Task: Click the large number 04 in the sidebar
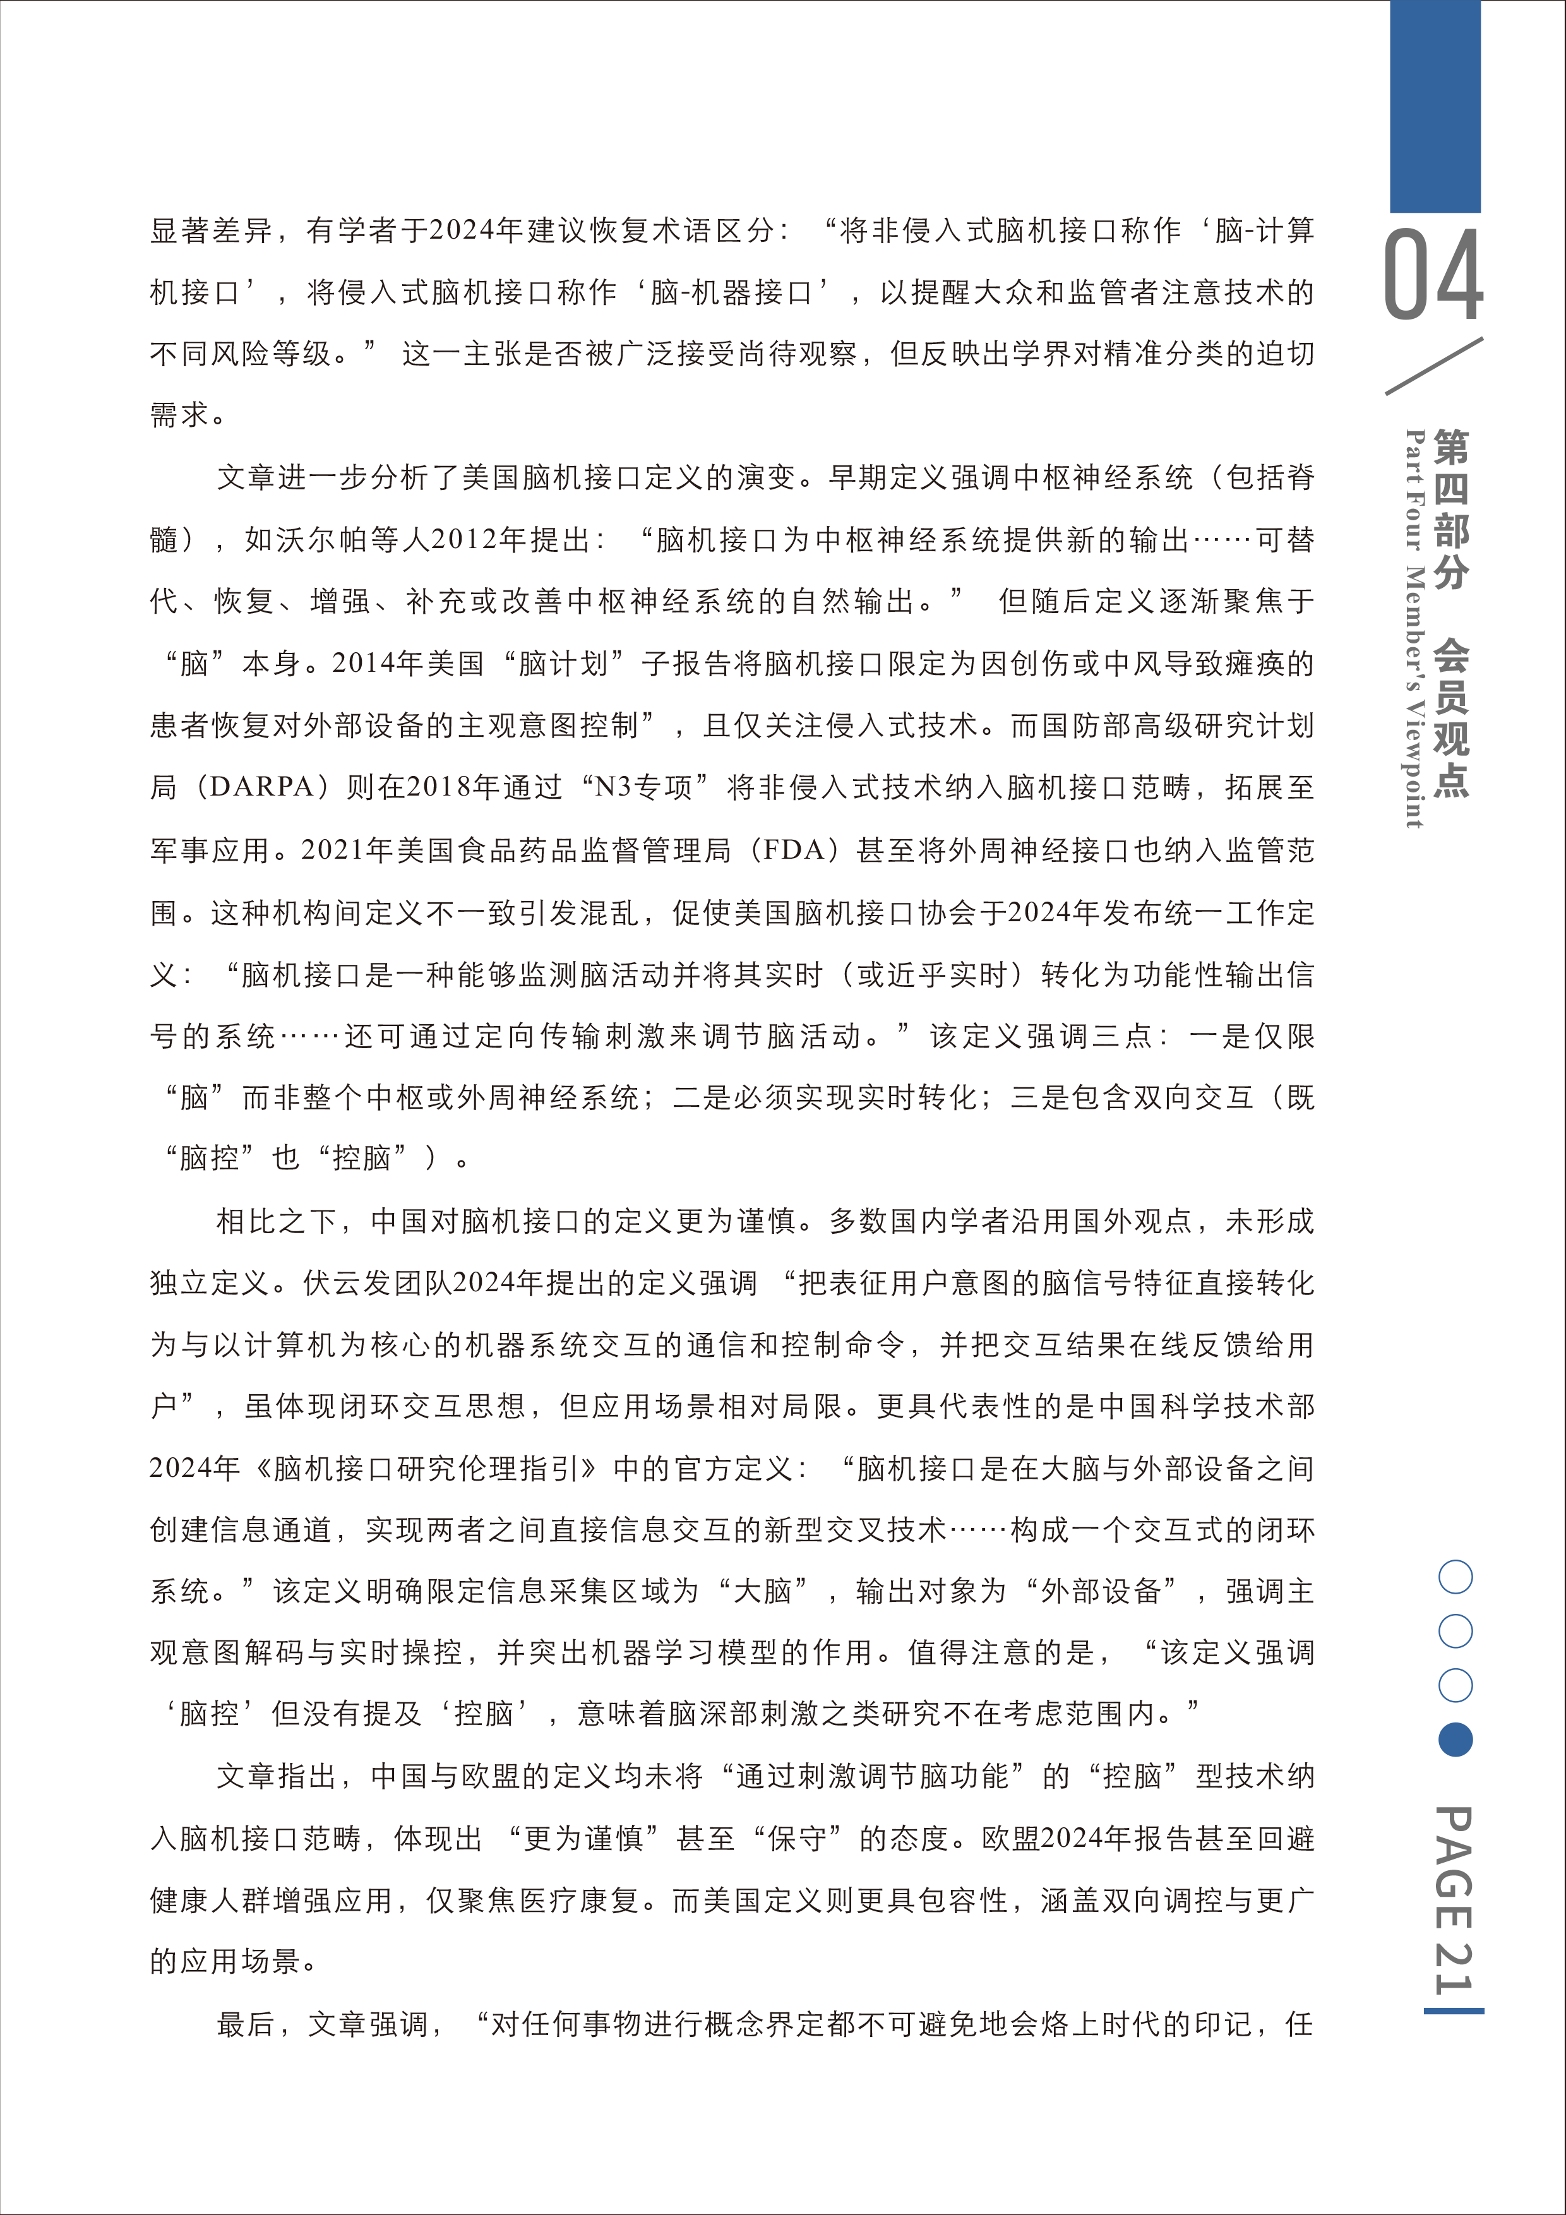point(1434,275)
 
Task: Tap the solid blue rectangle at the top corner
point(1435,106)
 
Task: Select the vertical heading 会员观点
point(1451,719)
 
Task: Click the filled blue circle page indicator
point(1455,1740)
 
